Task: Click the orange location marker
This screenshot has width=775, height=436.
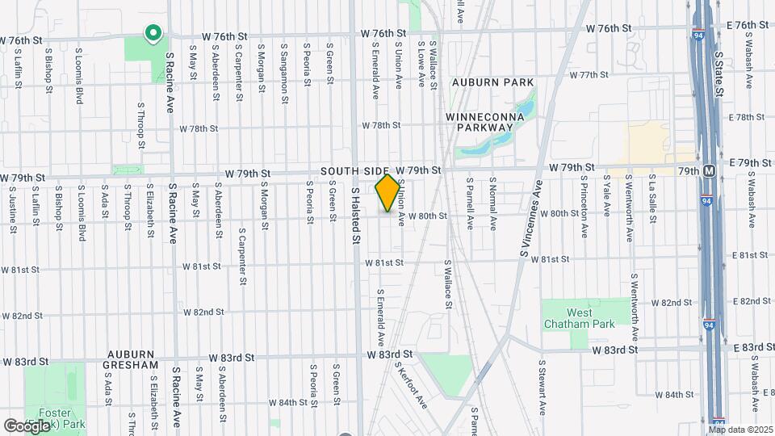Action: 387,193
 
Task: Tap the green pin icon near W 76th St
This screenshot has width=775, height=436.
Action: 152,33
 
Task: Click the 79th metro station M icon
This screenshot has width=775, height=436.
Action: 709,171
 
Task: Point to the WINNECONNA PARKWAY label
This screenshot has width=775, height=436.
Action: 485,122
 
